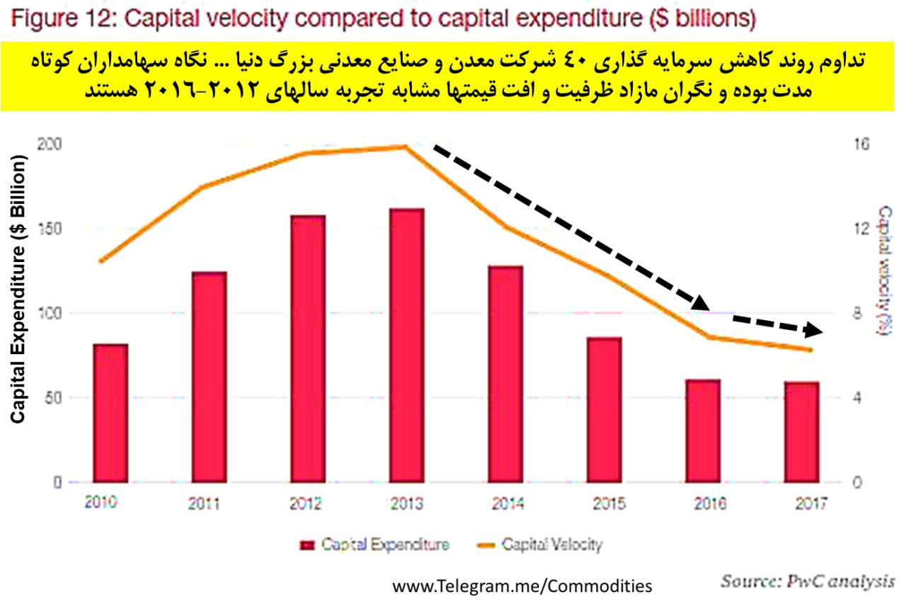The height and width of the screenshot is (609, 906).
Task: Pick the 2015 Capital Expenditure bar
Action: pyautogui.click(x=604, y=410)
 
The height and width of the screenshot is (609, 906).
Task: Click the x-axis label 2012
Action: pyautogui.click(x=306, y=504)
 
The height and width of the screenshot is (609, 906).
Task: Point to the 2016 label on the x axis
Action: pyautogui.click(x=710, y=504)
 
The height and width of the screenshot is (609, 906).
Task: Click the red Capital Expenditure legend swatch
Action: pyautogui.click(x=306, y=545)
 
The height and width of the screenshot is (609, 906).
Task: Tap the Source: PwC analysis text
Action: pyautogui.click(x=807, y=581)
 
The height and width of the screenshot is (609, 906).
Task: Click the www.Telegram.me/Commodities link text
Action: pyautogui.click(x=522, y=586)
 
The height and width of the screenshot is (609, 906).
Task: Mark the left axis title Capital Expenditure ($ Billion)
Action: pyautogui.click(x=19, y=290)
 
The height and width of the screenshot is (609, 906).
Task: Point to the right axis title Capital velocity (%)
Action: pyautogui.click(x=884, y=271)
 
